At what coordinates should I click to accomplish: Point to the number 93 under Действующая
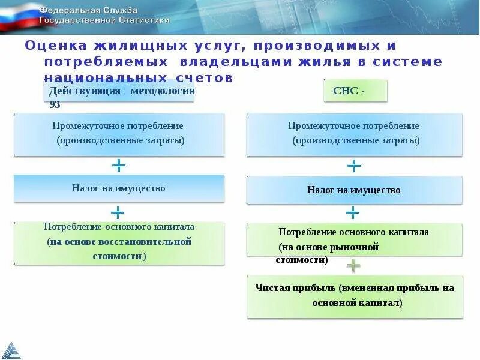[55, 104]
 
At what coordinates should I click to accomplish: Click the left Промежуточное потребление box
[119, 134]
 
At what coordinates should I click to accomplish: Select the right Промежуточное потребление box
[354, 134]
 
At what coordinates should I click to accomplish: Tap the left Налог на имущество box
[119, 188]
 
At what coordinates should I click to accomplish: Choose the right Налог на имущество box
[354, 190]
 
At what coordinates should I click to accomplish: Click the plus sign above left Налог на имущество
[119, 164]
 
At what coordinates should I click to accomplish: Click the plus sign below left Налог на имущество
[118, 212]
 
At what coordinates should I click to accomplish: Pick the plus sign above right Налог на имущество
[355, 166]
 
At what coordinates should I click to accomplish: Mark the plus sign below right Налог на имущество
[353, 212]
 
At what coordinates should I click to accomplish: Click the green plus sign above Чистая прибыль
[353, 265]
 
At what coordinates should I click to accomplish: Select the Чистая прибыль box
[355, 296]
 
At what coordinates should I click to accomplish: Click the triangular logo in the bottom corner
[11, 349]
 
